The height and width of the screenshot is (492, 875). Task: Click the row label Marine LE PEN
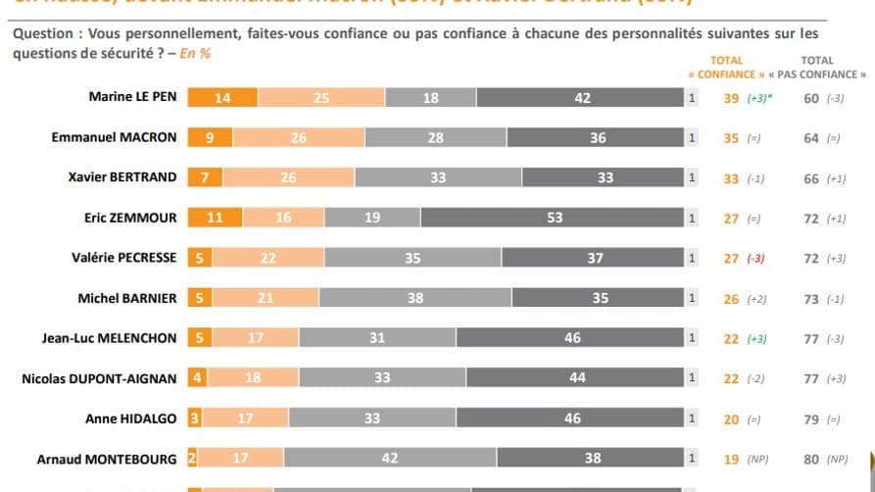tap(132, 97)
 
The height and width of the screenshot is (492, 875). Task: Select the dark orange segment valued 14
tap(222, 97)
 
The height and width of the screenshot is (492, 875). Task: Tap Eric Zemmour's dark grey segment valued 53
tap(555, 218)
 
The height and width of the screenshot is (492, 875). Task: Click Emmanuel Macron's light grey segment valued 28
tap(436, 138)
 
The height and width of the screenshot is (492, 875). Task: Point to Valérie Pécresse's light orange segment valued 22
tap(268, 258)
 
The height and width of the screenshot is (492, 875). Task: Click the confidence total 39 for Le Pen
tap(731, 98)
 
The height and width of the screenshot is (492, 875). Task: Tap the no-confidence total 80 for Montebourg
tap(810, 459)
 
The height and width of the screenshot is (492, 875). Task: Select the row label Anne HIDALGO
tap(136, 418)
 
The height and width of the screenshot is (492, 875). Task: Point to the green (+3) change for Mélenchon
tap(758, 338)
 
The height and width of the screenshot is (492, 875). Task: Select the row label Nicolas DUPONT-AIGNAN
tap(99, 378)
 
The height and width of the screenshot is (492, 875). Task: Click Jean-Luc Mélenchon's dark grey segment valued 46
tap(572, 338)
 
